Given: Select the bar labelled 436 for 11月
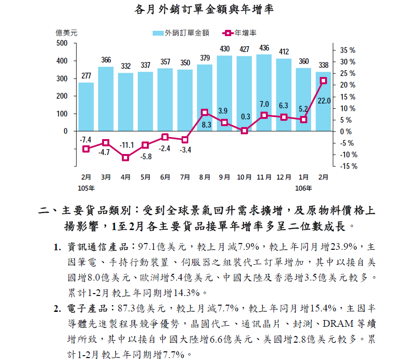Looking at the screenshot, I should (264, 92).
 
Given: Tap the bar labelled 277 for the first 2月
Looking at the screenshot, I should (86, 106).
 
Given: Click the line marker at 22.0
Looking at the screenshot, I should (323, 80).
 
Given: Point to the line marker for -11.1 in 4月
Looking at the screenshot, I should (126, 157).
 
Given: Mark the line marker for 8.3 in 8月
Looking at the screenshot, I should (205, 112).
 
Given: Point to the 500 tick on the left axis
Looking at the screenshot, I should (62, 43).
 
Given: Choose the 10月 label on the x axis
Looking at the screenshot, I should (244, 177).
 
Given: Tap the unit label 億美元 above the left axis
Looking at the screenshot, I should (66, 33).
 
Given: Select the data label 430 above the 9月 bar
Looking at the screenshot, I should (224, 49).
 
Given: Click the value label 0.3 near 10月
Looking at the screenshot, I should (245, 116).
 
